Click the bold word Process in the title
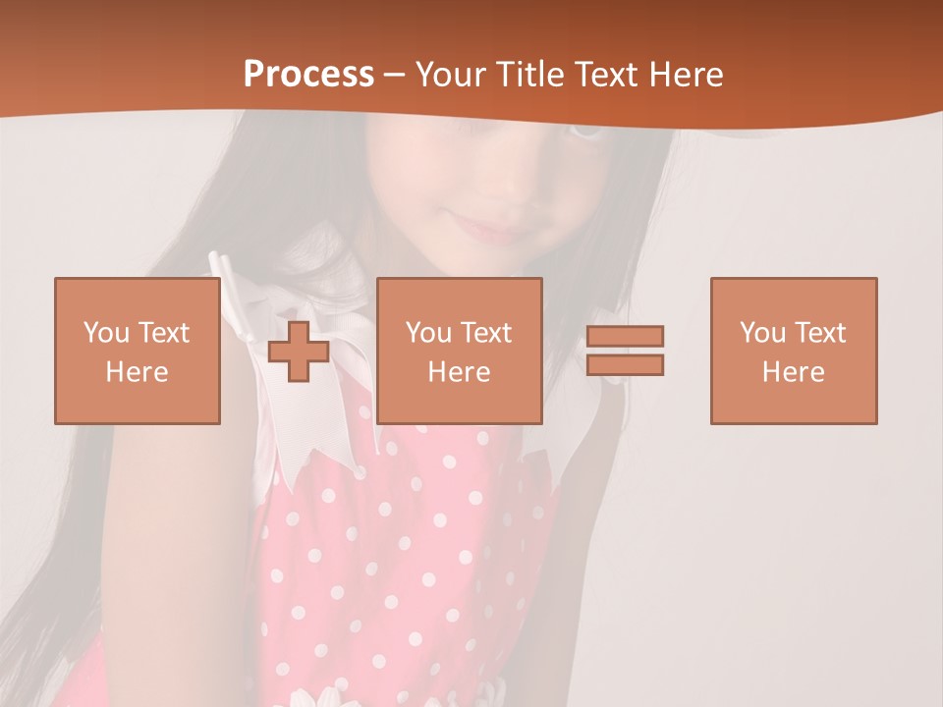308,75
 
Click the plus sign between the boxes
299,351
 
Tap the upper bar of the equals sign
625,336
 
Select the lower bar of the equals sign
625,365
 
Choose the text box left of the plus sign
137,351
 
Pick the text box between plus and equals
459,351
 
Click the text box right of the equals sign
793,351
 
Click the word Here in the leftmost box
137,372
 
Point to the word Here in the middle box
459,372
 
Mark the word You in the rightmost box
762,333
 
